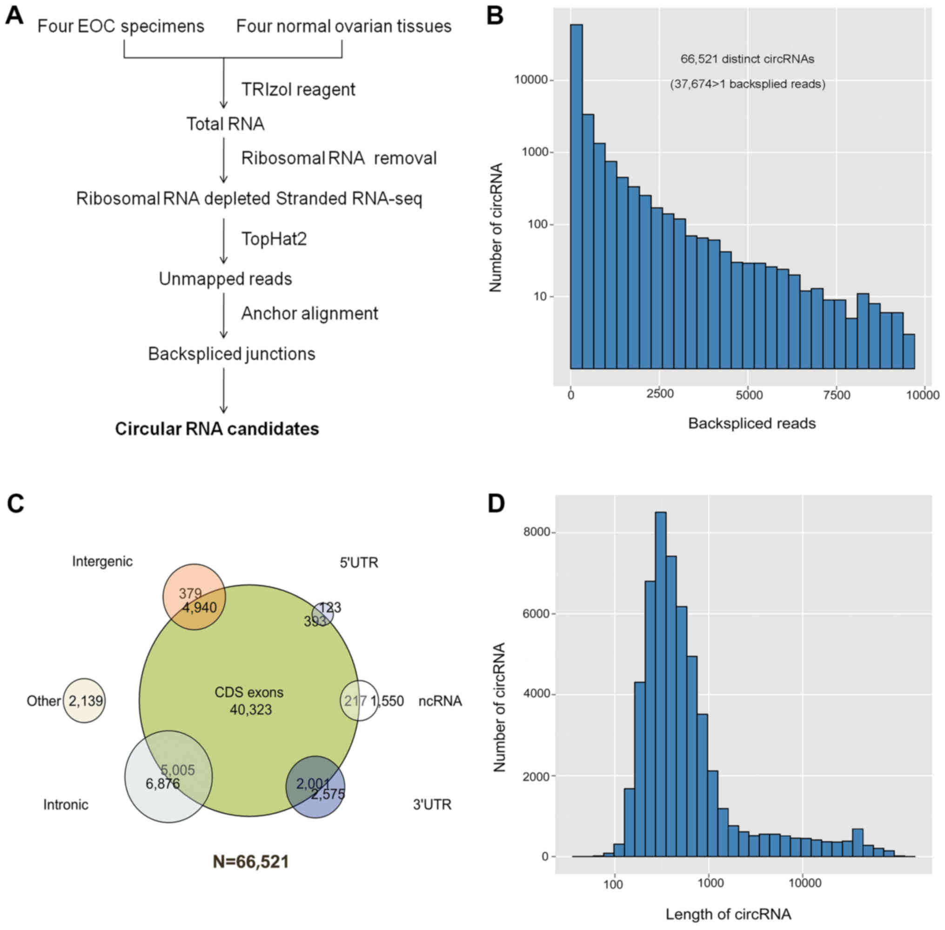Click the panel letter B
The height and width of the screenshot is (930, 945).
[494, 16]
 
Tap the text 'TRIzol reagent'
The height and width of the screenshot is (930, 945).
[298, 90]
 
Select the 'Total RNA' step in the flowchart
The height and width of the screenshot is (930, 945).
[225, 124]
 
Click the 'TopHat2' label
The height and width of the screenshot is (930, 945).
[274, 239]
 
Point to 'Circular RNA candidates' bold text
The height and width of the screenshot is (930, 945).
[217, 429]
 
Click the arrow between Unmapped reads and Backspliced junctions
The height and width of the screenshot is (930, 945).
[224, 315]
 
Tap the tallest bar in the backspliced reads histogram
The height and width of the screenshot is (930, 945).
[576, 195]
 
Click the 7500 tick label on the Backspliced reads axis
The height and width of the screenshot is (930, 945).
[837, 395]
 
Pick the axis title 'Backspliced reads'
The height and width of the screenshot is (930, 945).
[752, 423]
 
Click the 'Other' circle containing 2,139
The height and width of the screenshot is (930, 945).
[85, 701]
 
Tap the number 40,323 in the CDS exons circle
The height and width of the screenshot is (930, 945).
[251, 710]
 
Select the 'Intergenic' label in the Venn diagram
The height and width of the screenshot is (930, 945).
[102, 562]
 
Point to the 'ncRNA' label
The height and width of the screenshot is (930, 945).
[440, 701]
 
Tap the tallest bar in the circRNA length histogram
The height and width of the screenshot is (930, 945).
[660, 684]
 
